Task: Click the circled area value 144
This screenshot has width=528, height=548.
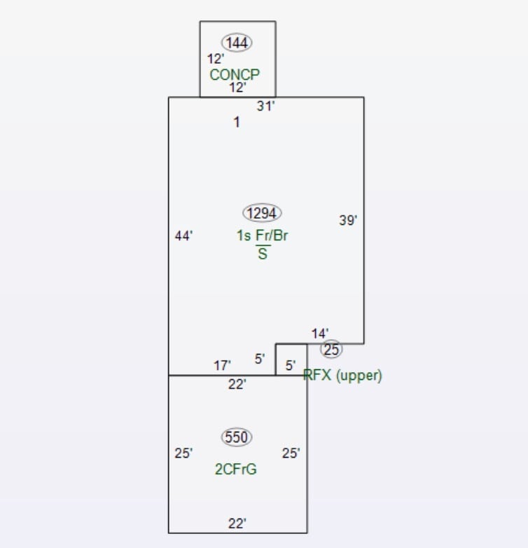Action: tap(237, 43)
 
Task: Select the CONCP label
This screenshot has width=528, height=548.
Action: tap(235, 74)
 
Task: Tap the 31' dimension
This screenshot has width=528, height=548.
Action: tap(265, 106)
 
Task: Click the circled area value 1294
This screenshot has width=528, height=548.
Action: tap(262, 213)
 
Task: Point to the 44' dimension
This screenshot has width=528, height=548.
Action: tap(183, 236)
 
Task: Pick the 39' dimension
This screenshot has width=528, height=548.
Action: tap(348, 220)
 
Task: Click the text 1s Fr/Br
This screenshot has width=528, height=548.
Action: tap(262, 235)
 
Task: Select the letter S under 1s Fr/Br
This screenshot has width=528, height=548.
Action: tap(263, 254)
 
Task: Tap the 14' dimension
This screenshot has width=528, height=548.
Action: tap(320, 334)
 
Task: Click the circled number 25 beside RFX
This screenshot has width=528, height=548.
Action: tap(331, 349)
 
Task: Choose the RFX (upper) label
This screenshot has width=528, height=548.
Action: tap(343, 376)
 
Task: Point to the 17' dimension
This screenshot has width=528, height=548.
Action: tap(222, 365)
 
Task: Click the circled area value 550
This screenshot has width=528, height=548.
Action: tap(237, 437)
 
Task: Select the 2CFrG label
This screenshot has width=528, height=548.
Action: tap(235, 470)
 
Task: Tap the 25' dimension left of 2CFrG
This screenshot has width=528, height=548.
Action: tap(183, 453)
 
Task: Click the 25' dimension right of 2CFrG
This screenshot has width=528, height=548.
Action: tap(291, 453)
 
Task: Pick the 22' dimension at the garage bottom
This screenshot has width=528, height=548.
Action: tap(237, 523)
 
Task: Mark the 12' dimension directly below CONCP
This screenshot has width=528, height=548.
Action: tap(238, 88)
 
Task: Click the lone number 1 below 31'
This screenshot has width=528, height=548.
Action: tap(237, 123)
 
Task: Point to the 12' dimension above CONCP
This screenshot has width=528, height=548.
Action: tap(216, 60)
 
